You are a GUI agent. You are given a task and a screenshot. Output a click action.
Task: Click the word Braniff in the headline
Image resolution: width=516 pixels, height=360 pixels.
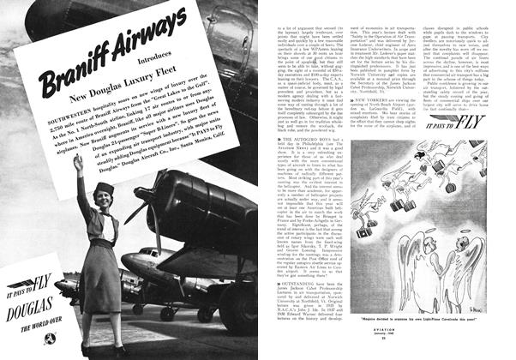[x=67, y=76]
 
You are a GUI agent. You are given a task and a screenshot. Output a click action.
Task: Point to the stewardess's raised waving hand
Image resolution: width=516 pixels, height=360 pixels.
[x=79, y=163]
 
